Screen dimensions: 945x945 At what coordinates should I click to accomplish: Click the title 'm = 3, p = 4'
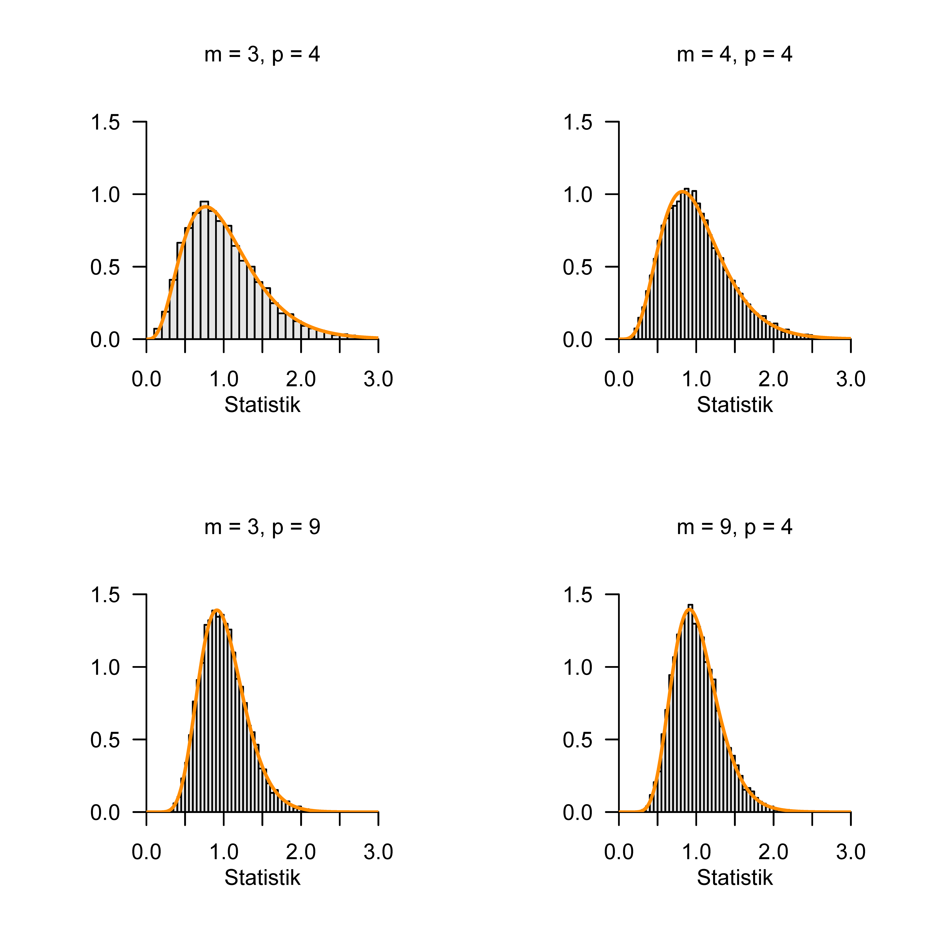coord(262,54)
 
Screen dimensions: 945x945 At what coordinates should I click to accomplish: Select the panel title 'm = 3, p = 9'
coord(262,527)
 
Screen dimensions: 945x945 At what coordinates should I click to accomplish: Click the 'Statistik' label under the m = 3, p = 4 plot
coord(262,405)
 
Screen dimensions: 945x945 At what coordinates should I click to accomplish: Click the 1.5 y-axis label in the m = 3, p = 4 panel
coord(105,122)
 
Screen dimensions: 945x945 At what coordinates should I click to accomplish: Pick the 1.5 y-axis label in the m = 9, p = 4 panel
coord(578,595)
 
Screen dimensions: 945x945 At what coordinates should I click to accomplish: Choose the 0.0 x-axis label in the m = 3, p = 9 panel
coord(146,852)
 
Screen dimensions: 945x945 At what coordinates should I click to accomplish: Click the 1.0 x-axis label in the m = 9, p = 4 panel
coord(696,852)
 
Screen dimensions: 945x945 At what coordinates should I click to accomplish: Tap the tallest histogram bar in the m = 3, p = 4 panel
coord(204,269)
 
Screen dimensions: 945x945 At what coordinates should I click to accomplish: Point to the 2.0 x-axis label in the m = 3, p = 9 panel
coord(301,852)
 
